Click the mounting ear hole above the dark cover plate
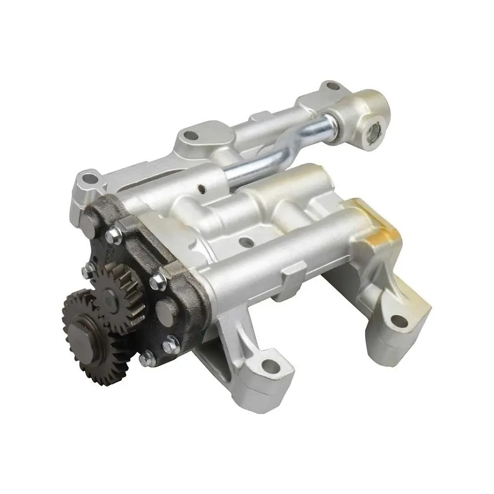tap(89, 177)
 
